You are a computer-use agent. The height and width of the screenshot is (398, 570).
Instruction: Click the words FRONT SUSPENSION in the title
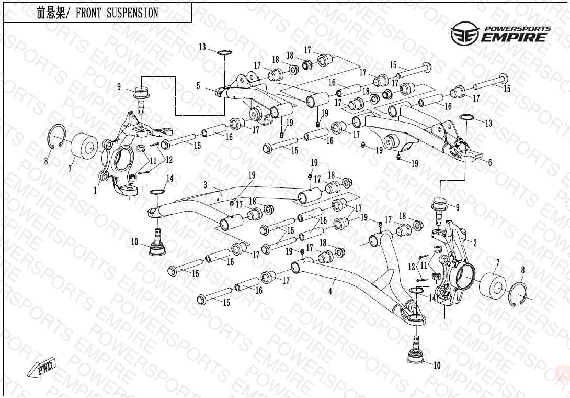pos(117,13)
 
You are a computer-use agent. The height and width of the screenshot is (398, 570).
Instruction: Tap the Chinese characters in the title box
pos(50,13)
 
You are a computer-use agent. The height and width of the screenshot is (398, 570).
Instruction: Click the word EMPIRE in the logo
pos(515,37)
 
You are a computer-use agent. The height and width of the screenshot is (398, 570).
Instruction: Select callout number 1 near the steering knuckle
pos(95,191)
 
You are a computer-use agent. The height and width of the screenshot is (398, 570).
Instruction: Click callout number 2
pos(475,242)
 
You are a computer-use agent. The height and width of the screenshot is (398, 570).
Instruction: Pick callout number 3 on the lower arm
pos(206,185)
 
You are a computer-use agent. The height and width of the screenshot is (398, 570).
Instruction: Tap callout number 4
pos(330,292)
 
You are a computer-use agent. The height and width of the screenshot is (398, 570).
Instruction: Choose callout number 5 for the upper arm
pos(198,85)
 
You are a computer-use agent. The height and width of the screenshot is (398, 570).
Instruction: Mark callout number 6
pos(490,163)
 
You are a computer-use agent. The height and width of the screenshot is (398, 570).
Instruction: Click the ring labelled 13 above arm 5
pos(224,52)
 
